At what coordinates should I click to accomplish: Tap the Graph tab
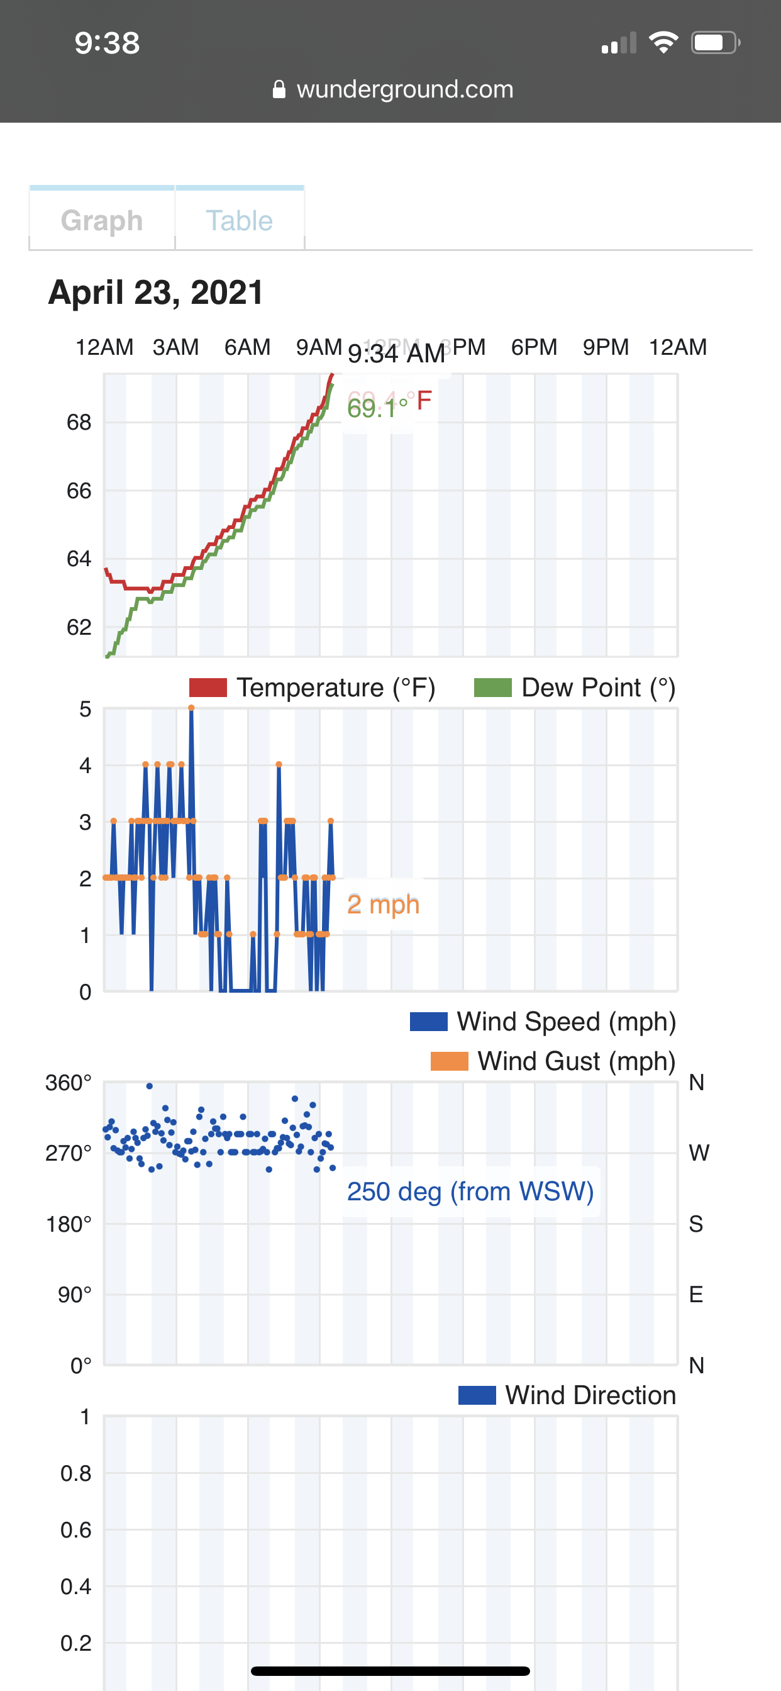tap(102, 221)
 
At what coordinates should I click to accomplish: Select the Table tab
tap(239, 221)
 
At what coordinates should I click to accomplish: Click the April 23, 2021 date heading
tap(155, 292)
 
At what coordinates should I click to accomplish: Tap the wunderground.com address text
tap(404, 89)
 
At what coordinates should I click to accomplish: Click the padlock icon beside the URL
tap(279, 89)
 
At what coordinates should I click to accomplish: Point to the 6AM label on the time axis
tap(246, 347)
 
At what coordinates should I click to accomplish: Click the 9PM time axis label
tap(605, 347)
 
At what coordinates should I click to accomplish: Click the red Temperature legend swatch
tap(208, 688)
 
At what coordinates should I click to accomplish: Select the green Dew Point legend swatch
tap(492, 688)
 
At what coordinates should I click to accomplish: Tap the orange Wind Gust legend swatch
tap(449, 1061)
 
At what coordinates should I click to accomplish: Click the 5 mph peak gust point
tap(191, 708)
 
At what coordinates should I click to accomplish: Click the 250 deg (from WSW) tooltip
tap(470, 1191)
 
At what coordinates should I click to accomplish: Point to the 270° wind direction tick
tap(69, 1152)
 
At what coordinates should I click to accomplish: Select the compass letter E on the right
tap(695, 1294)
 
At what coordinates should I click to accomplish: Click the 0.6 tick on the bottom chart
tap(76, 1529)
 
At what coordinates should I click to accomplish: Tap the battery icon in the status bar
tap(715, 43)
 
